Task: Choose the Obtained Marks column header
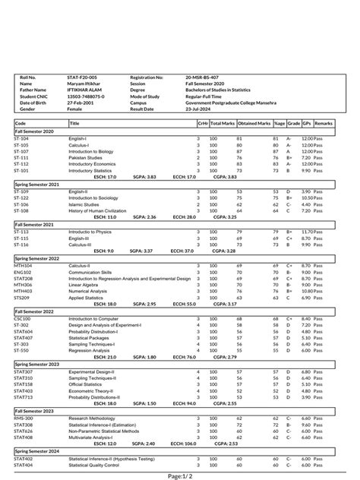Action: point(254,123)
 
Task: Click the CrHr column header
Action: point(203,123)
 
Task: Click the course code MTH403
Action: point(23,291)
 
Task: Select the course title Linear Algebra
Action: point(84,285)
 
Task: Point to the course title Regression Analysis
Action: point(87,350)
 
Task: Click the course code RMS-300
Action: point(24,418)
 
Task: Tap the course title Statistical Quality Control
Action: point(97,465)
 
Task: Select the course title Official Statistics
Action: point(87,384)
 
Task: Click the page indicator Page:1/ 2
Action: point(179,475)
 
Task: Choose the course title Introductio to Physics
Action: point(90,232)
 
